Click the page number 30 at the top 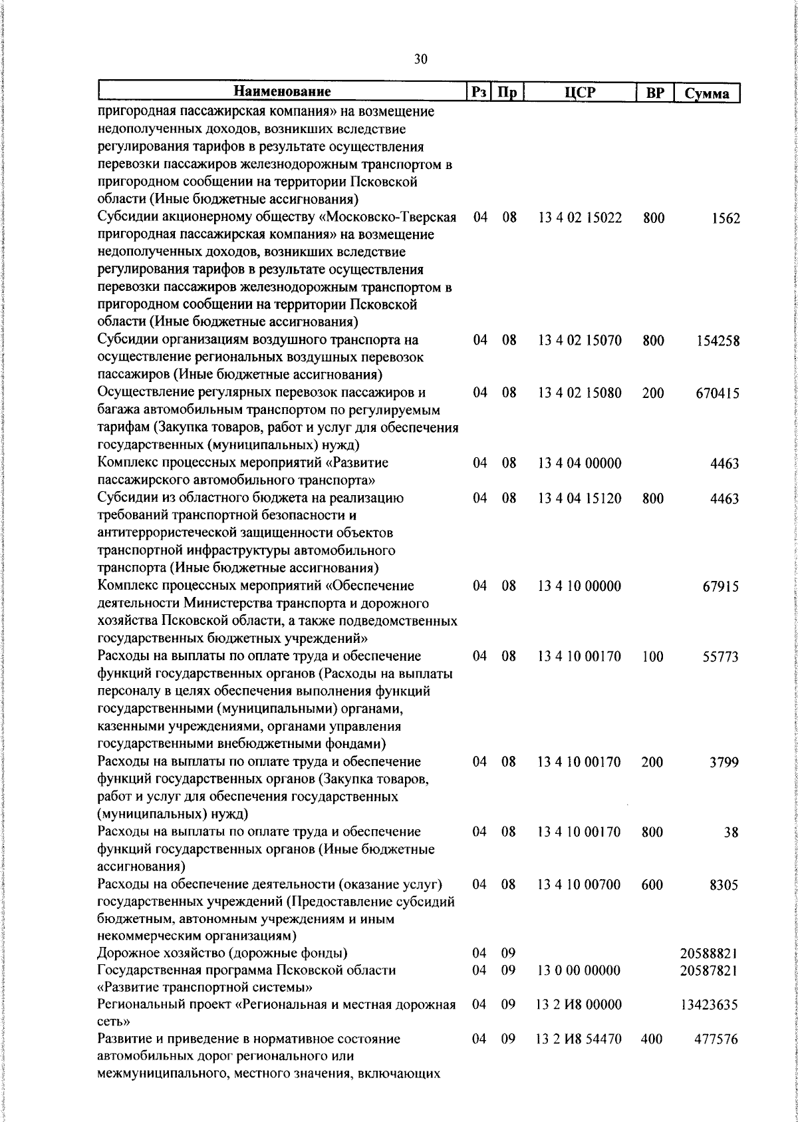(420, 59)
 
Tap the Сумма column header (708, 93)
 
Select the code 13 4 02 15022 (580, 218)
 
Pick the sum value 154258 (718, 341)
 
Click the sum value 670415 (718, 394)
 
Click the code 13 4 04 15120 (580, 498)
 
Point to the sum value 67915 (721, 587)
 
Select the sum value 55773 (721, 657)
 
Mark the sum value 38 (731, 833)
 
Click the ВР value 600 (653, 885)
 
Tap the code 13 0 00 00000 (580, 970)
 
